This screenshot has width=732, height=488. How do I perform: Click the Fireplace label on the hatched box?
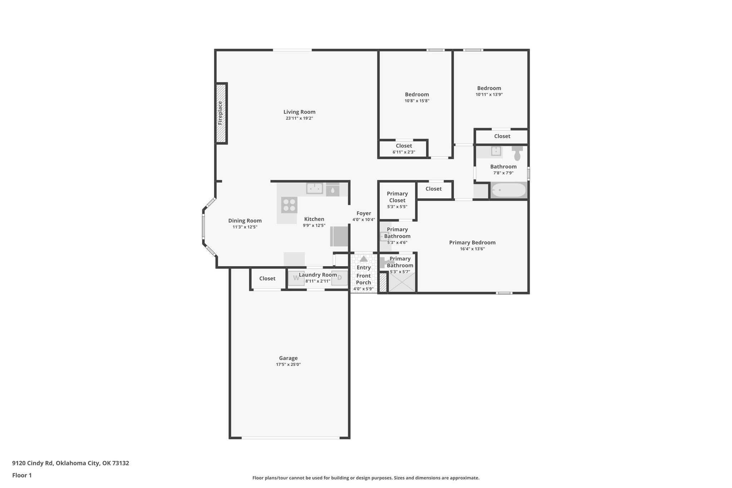220,113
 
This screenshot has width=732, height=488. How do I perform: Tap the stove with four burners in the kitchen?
289,205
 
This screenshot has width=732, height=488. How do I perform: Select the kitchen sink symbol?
315,188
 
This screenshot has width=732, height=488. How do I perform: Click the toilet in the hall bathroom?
517,153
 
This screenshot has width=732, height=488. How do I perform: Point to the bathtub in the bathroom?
508,190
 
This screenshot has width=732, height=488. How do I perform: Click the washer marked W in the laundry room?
296,278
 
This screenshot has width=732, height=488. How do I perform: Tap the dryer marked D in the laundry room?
340,278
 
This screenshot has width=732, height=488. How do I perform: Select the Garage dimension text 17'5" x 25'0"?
288,364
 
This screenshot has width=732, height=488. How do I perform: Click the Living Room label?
300,112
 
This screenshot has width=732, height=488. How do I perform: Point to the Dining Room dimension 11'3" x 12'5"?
245,227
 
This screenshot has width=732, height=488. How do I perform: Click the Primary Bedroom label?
472,242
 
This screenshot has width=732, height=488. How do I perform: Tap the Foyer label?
364,213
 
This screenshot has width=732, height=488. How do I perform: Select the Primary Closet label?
397,197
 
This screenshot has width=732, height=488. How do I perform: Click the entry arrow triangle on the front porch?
363,259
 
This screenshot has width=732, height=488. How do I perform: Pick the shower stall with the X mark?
402,282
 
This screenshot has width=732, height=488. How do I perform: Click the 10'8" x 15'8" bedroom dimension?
417,101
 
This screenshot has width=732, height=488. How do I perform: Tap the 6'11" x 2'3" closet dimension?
404,152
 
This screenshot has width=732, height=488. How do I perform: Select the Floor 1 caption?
22,475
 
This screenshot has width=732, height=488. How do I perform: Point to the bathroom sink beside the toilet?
496,151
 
